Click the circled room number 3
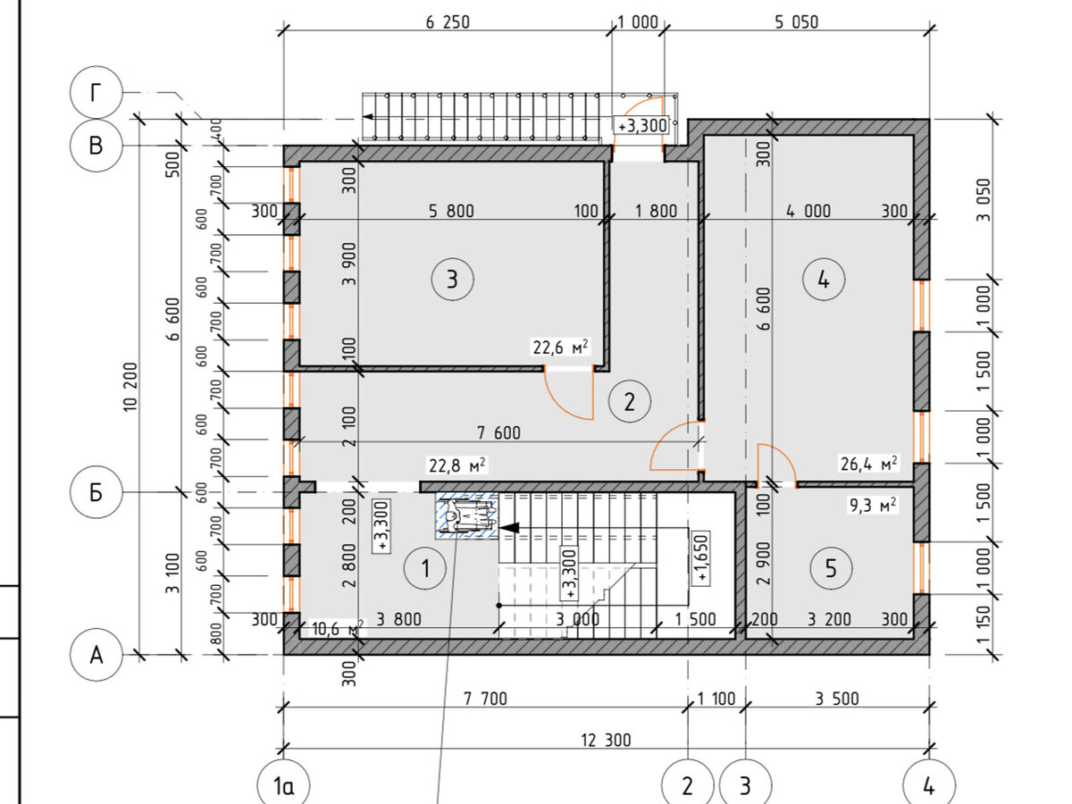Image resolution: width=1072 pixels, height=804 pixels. pos(452,280)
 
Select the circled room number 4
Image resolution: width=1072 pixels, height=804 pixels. pos(824,280)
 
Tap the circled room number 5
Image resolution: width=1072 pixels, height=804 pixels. pos(831,568)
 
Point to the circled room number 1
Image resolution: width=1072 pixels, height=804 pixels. pos(425,568)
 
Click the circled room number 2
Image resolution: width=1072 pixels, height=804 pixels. pos(630,401)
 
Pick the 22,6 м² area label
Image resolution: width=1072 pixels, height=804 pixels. pos(560,348)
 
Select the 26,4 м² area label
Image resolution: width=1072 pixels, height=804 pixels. pos(868,464)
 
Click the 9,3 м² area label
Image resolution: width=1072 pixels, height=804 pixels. pos(872,505)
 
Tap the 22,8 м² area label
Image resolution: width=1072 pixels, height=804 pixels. pos(457,465)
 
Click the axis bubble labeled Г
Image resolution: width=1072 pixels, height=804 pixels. pos(96,92)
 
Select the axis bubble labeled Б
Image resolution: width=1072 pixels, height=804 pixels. pos(96,492)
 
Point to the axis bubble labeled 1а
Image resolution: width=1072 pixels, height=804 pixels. pos(283,785)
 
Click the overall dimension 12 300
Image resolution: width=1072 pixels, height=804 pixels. pos(606,740)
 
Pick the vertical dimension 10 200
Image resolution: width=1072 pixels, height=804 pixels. pos(130,387)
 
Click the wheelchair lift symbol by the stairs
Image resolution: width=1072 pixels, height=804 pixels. pos(467,516)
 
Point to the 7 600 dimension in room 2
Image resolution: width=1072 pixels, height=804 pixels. pos(498,432)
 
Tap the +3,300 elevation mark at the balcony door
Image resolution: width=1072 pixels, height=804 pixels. pos(641,125)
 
